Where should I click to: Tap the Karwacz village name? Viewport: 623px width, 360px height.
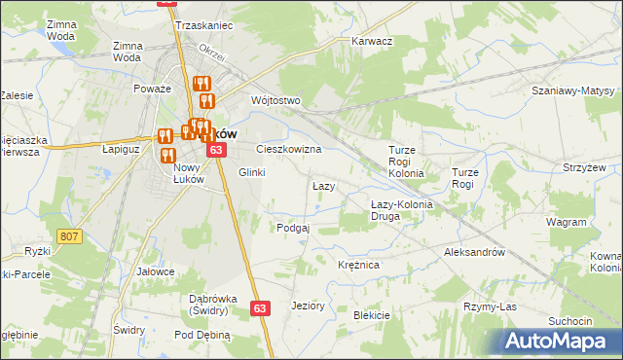click(x=371, y=42)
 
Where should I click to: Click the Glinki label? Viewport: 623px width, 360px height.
click(x=251, y=172)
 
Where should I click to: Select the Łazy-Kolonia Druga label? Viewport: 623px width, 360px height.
click(x=398, y=210)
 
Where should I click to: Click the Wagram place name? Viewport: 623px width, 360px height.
click(x=567, y=222)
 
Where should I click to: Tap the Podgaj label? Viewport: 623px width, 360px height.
click(x=293, y=228)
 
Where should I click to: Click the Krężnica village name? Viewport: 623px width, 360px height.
click(x=358, y=265)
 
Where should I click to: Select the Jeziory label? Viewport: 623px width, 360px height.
click(x=308, y=306)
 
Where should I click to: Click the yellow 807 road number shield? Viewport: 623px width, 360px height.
click(x=68, y=236)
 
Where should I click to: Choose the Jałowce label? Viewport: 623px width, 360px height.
click(x=156, y=271)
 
